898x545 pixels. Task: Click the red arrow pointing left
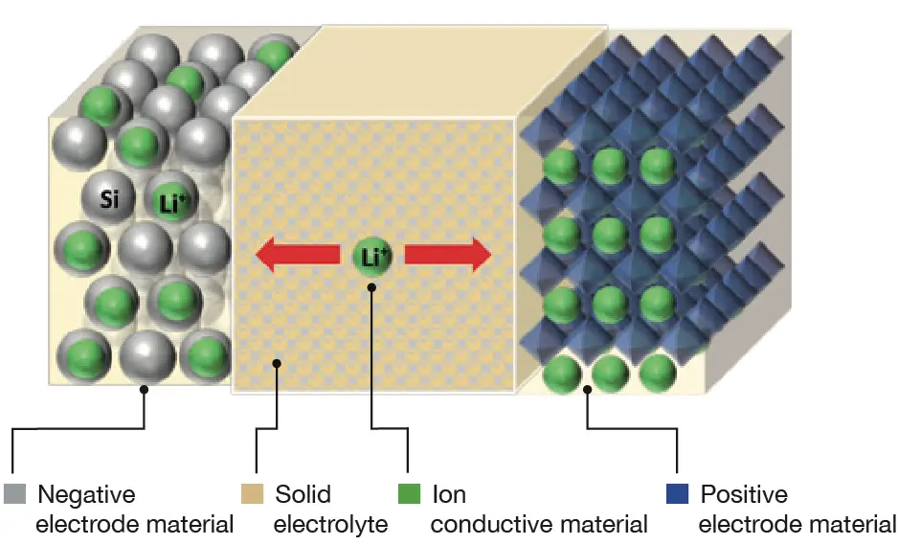298,255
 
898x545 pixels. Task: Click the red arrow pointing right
448,255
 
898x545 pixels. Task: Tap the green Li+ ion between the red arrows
372,256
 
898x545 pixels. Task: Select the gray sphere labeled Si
109,198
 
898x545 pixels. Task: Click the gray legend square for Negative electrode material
15,493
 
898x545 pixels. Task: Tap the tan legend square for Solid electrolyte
252,493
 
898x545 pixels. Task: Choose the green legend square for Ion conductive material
409,493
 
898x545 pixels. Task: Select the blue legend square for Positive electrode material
677,493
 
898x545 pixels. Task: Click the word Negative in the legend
86,494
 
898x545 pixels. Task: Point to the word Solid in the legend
303,494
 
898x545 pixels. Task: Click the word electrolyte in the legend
330,525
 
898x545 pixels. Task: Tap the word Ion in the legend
449,494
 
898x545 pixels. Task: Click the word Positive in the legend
744,494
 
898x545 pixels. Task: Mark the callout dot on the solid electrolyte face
277,363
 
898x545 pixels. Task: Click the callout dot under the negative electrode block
144,390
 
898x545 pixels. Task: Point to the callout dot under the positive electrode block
587,390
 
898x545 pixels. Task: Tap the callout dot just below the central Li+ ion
371,287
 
